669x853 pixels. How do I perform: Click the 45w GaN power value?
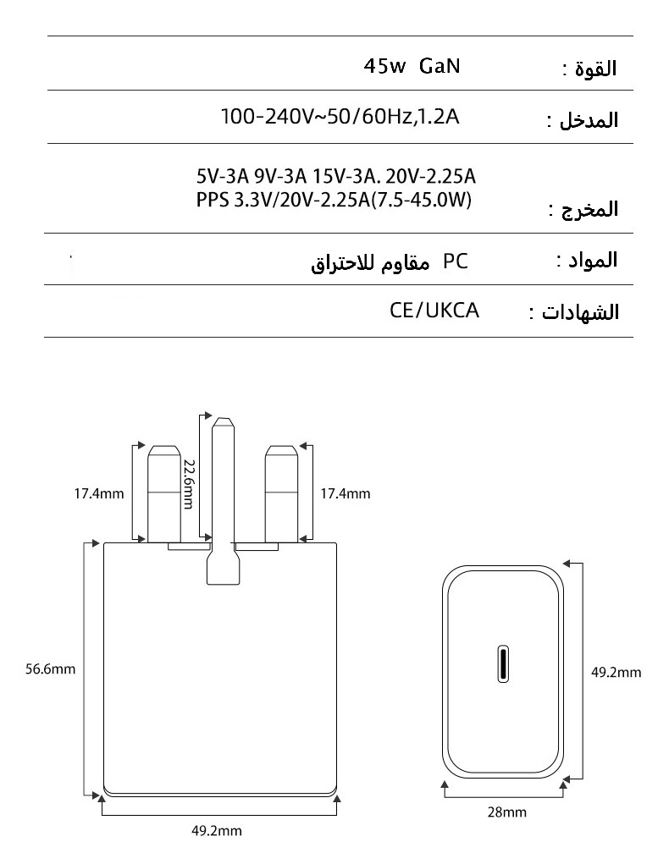(x=412, y=67)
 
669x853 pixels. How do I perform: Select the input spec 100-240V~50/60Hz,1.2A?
(x=340, y=116)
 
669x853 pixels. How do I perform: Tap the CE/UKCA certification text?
(x=434, y=311)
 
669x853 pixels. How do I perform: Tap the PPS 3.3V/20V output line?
(x=333, y=201)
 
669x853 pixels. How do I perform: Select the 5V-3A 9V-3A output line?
(x=335, y=177)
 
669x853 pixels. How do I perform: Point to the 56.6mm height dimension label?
(x=51, y=669)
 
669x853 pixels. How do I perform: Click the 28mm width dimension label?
(x=506, y=812)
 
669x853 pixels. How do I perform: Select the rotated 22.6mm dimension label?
(x=189, y=484)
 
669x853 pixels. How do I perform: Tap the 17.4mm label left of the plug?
(x=98, y=493)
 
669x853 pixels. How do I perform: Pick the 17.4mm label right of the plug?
(x=345, y=493)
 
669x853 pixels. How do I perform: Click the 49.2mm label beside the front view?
(x=616, y=673)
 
